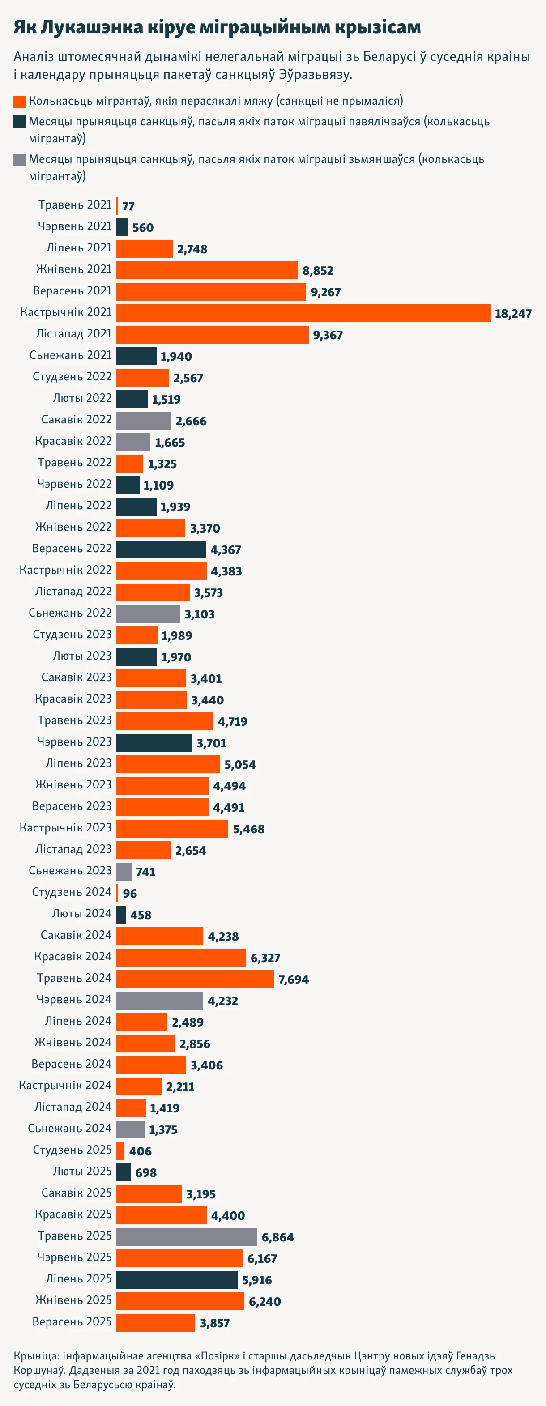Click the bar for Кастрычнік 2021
coord(303,313)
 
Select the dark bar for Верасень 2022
coord(161,550)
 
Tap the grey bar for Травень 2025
coord(186,1237)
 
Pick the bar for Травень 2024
coord(195,979)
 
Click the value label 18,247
coord(513,314)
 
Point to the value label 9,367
coord(328,335)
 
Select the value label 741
coord(146,872)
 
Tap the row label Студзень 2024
coord(72,892)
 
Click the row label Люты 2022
coord(82,398)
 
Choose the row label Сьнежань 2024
coord(70,1128)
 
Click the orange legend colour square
coord(20,102)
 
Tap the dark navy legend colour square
coord(20,122)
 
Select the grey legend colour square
coord(20,160)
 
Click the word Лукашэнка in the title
coord(92,27)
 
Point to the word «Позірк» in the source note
coord(215,1356)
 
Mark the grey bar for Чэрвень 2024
coord(159,1001)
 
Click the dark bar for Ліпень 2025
coord(177,1280)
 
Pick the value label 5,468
coord(248,829)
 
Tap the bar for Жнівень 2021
coord(207,270)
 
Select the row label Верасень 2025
coord(72,1321)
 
